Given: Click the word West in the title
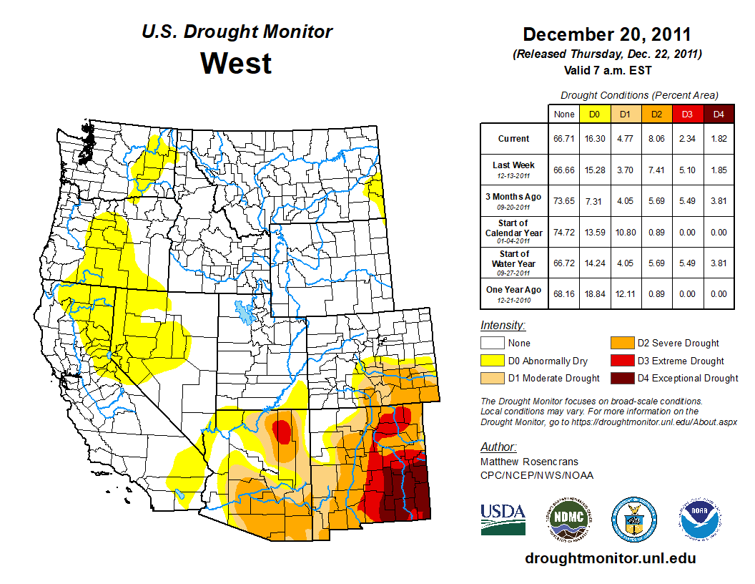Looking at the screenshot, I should click(236, 63).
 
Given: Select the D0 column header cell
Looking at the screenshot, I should click(594, 115).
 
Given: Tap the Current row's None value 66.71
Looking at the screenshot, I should click(563, 139).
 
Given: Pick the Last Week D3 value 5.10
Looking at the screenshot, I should click(687, 170).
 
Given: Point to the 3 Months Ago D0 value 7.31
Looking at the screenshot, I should click(594, 201).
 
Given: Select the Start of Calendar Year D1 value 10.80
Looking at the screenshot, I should click(625, 232).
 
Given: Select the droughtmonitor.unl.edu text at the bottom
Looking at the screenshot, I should click(610, 558).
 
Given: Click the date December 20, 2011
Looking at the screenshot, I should click(607, 34).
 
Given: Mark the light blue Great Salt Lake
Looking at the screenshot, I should click(245, 312).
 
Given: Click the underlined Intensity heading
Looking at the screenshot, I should click(503, 326).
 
